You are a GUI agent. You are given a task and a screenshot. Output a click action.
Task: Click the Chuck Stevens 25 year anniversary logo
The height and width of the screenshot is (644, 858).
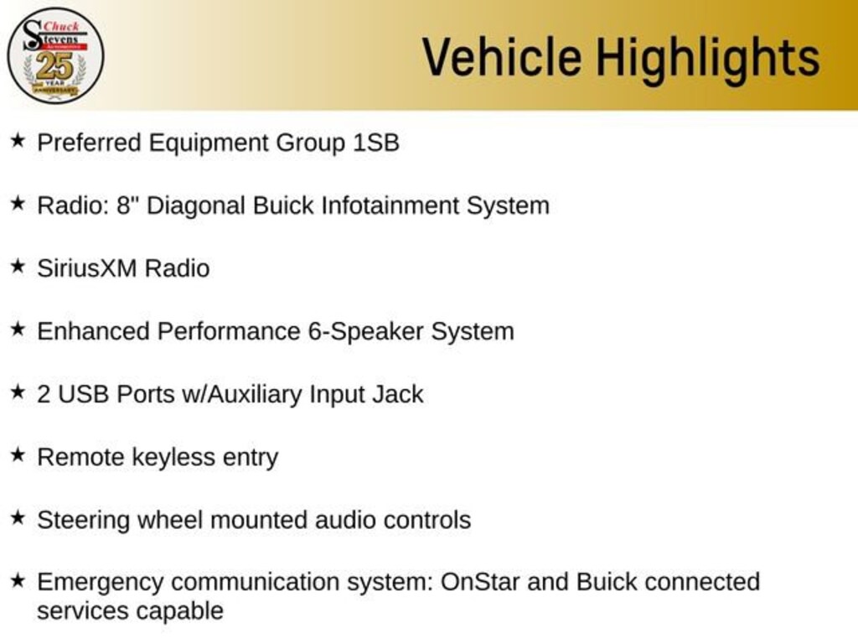pos(55,55)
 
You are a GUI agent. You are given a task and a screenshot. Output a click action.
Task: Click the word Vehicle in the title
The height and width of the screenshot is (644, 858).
pos(502,56)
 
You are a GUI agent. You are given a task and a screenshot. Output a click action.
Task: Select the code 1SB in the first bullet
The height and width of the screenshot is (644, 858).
pos(376,143)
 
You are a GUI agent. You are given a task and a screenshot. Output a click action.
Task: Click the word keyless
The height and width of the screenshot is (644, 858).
pos(173,458)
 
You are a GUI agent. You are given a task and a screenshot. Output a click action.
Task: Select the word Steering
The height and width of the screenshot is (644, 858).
pos(84,521)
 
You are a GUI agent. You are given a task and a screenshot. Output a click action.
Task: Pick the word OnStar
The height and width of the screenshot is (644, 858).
pos(480,582)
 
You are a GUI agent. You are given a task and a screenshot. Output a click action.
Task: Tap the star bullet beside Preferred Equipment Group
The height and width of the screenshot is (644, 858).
pos(18,140)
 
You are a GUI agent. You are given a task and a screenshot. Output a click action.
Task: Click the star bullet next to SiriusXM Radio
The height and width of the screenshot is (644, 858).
pos(18,266)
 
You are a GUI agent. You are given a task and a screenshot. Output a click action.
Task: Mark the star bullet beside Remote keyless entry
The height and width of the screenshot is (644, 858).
pos(18,454)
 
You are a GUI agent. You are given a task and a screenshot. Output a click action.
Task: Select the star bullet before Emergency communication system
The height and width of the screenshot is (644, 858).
pos(18,580)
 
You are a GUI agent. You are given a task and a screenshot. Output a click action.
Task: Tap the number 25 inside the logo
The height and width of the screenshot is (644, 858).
pos(54,66)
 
